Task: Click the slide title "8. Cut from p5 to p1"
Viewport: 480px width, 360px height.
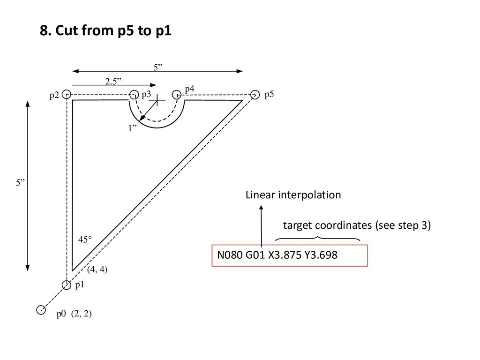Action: pyautogui.click(x=105, y=31)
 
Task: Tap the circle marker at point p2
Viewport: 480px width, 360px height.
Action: pyautogui.click(x=67, y=94)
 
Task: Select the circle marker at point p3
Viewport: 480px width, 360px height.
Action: pyautogui.click(x=134, y=94)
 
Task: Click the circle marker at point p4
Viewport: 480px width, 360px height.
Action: pyautogui.click(x=177, y=94)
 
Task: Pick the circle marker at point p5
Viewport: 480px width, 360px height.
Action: pyautogui.click(x=255, y=94)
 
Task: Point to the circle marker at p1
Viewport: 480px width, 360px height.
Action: pyautogui.click(x=67, y=284)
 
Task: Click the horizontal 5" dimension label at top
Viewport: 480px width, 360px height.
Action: pyautogui.click(x=158, y=67)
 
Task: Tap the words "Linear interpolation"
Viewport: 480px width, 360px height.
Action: pyautogui.click(x=293, y=195)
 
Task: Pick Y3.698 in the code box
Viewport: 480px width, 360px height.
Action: pyautogui.click(x=321, y=255)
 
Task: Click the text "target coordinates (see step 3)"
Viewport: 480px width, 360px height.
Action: pyautogui.click(x=356, y=226)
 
